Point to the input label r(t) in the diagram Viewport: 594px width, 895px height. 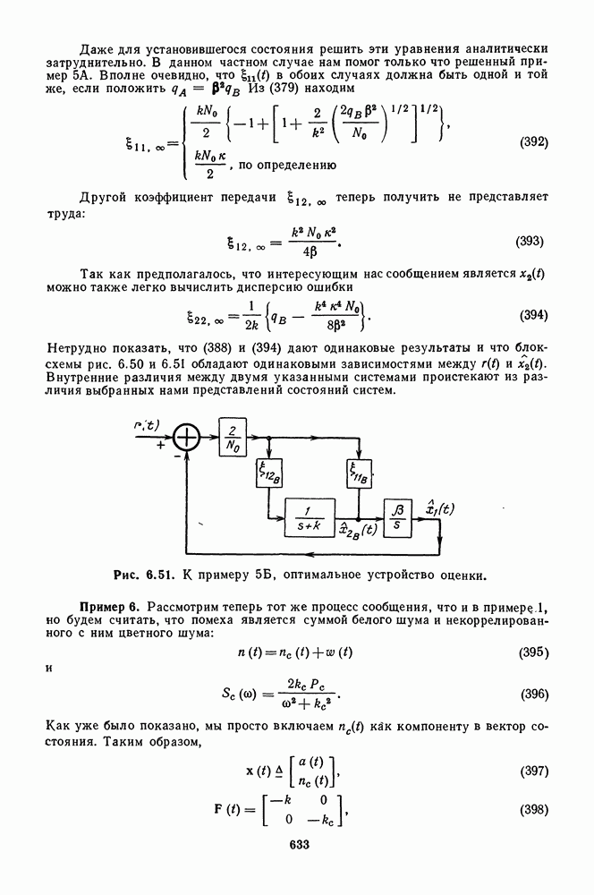click(147, 428)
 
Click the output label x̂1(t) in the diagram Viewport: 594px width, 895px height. click(439, 509)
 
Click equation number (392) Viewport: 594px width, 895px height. click(533, 142)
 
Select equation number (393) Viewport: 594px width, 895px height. click(533, 242)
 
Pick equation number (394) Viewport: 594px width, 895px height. click(533, 315)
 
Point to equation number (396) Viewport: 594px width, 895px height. click(533, 694)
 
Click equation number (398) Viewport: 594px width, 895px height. click(533, 809)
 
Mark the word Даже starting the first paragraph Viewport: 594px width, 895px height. click(96, 47)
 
